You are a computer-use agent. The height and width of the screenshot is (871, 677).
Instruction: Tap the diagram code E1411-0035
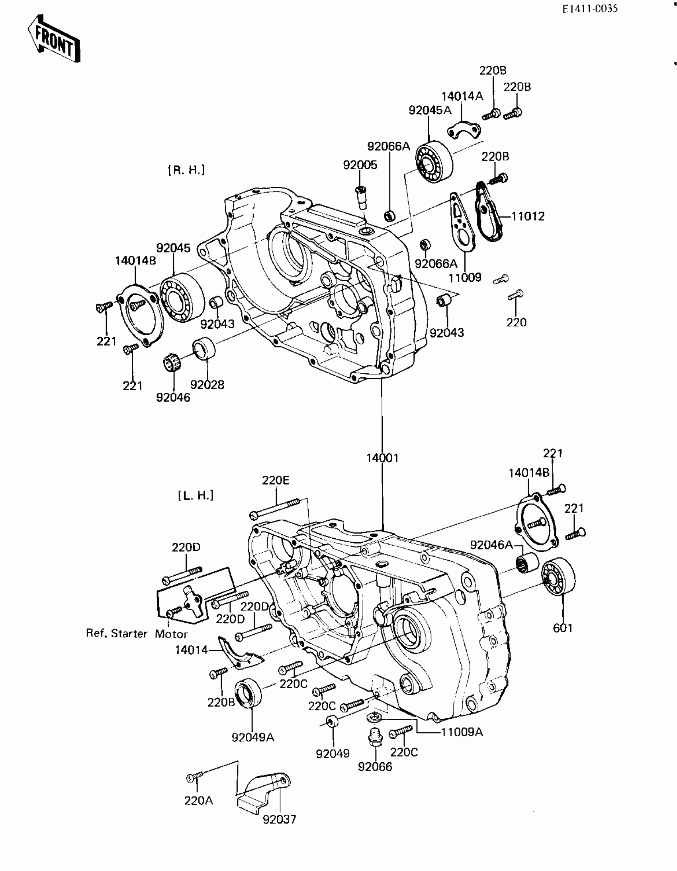590,9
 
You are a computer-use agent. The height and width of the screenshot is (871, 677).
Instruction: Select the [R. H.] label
186,170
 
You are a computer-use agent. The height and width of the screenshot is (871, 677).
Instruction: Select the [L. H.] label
196,495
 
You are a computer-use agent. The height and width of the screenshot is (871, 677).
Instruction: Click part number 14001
382,458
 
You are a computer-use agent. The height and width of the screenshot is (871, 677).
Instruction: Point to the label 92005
360,165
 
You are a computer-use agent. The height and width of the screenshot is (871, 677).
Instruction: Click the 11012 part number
528,216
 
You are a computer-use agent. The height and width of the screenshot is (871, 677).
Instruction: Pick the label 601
563,628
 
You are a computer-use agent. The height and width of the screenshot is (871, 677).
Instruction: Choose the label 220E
276,480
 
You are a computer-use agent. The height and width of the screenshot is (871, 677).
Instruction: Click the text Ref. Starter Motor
137,633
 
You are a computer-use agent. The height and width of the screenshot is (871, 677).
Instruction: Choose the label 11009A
462,732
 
